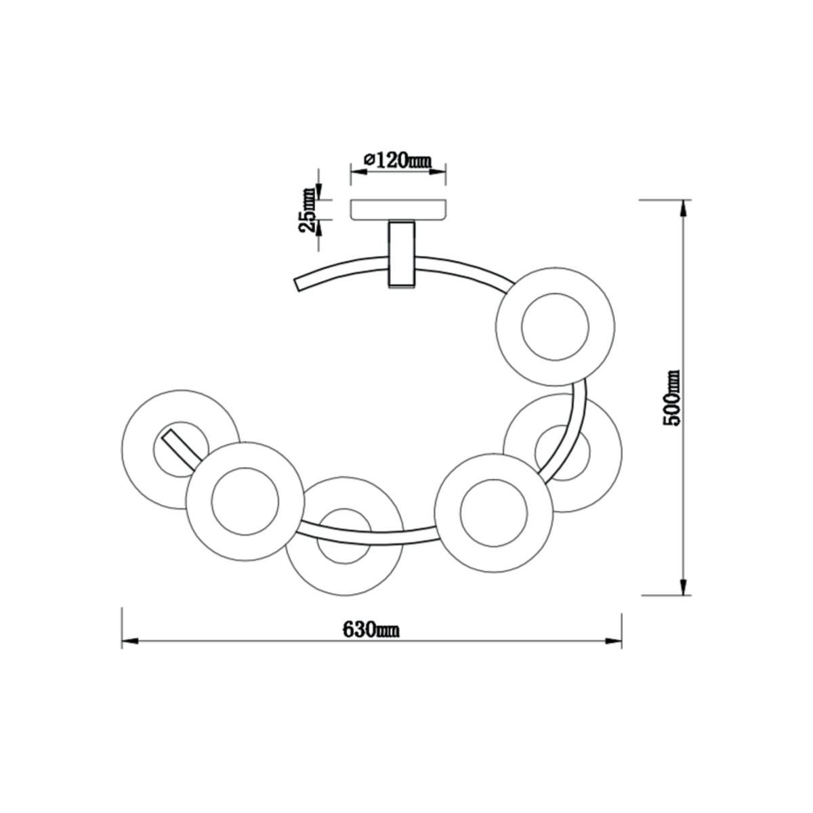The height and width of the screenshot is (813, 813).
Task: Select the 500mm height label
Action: click(x=671, y=398)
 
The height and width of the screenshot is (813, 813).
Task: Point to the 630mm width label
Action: click(x=371, y=642)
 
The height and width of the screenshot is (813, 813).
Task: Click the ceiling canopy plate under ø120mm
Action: click(x=398, y=209)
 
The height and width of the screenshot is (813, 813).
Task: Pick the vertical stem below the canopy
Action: click(x=402, y=254)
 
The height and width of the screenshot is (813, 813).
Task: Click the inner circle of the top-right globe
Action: click(x=555, y=327)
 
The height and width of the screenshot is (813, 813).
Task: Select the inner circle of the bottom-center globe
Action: click(x=344, y=536)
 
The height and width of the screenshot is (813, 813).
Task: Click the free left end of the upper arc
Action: click(x=298, y=285)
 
